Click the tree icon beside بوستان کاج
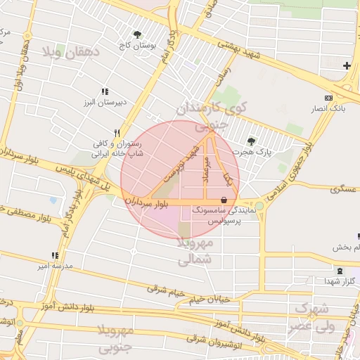137,34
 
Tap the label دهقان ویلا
72,52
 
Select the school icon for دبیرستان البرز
105,91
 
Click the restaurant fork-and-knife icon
118,132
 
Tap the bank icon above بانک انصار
328,98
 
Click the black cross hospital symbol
347,66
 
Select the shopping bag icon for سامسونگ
224,200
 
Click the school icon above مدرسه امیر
55,255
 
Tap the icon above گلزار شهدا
340,271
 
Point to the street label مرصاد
207,172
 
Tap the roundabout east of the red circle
259,205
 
